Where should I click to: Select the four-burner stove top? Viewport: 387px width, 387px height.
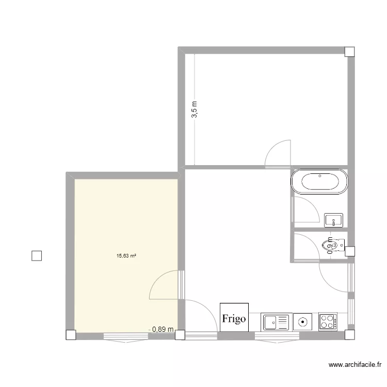pos(328,321)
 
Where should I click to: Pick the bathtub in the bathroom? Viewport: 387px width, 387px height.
pos(320,182)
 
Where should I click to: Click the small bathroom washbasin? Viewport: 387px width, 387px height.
pos(334,221)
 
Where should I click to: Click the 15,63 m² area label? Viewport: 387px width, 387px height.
pos(126,255)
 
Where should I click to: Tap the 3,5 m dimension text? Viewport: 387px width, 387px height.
pos(195,109)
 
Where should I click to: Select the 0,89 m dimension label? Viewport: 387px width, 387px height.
pos(163,329)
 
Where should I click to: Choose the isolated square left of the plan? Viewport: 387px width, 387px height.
pos(37,256)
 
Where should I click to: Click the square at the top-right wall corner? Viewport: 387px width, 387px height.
pos(349,51)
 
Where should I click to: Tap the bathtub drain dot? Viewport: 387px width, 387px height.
pos(320,176)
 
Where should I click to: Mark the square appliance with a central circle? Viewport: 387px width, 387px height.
pos(302,322)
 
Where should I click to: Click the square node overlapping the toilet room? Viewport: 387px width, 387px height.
pos(350,251)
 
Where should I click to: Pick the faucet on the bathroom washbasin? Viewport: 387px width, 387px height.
pos(334,222)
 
